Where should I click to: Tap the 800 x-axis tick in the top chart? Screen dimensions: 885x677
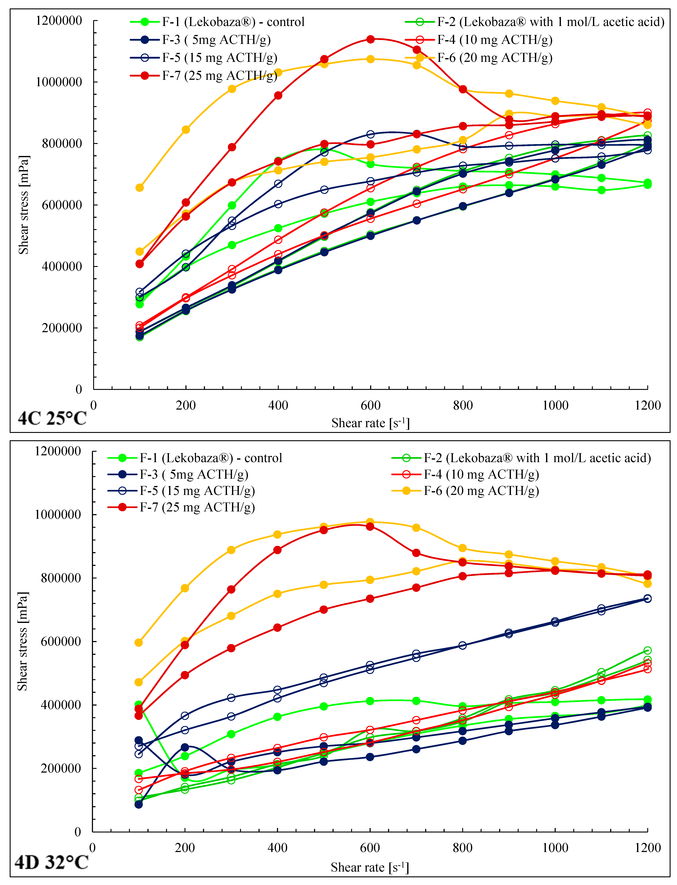[x=463, y=405]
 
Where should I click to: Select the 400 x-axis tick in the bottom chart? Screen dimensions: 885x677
[x=277, y=848]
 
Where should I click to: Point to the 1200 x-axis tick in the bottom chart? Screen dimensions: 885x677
[x=647, y=848]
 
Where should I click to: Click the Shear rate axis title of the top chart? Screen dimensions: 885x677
[x=370, y=423]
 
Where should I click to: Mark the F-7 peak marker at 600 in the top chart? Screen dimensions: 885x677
[x=370, y=39]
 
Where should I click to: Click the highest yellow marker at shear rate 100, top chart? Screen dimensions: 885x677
[x=139, y=188]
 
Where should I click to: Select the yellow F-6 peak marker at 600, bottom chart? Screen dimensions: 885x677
[x=370, y=522]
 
